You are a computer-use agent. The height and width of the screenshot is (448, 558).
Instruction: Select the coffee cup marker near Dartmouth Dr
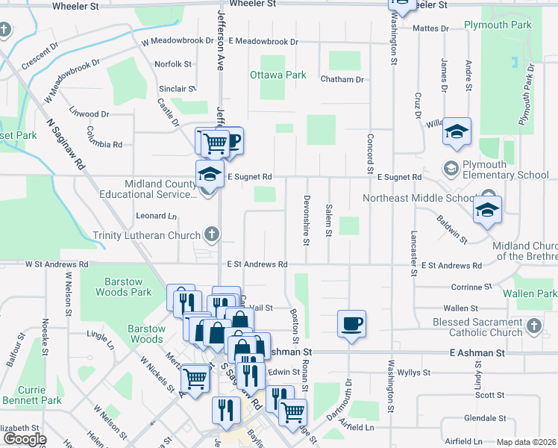click(352, 324)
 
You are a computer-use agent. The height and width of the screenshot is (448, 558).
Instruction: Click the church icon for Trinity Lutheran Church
click(211, 235)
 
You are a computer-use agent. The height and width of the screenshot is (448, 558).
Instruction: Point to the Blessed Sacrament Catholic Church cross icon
click(533, 326)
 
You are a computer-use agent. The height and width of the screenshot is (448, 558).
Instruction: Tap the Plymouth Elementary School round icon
click(451, 167)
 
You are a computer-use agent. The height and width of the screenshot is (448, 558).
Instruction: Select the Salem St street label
click(328, 221)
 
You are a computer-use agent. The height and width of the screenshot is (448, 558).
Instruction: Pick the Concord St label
click(370, 150)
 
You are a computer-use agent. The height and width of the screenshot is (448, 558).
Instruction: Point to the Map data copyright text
click(527, 442)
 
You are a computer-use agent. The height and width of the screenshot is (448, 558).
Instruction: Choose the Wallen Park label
click(529, 293)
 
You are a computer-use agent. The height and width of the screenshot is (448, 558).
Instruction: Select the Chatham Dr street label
click(342, 79)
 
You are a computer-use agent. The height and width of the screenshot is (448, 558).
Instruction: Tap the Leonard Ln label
click(157, 217)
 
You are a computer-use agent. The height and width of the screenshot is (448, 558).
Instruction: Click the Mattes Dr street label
click(434, 29)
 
